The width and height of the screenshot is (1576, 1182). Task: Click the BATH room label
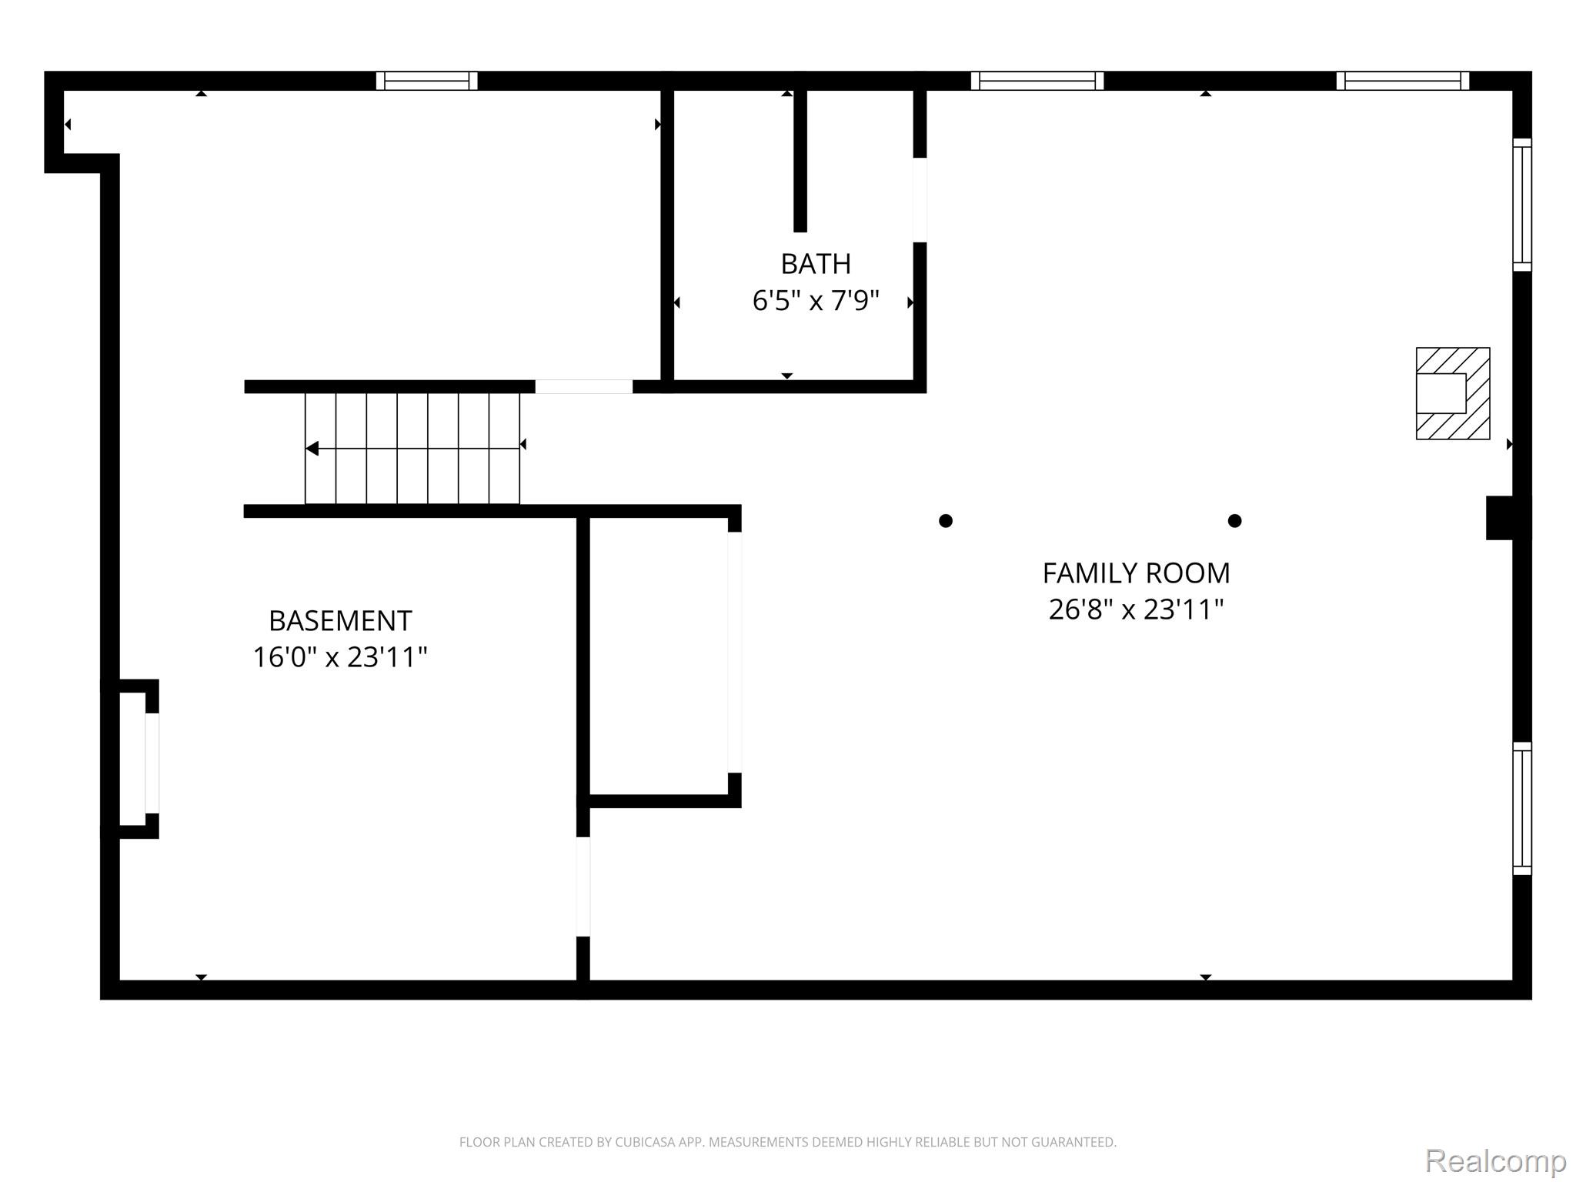click(x=816, y=264)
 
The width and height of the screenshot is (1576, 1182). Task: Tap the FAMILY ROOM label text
click(x=1136, y=573)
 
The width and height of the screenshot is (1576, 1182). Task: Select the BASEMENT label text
click(x=340, y=620)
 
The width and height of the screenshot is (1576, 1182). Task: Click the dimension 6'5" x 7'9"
click(x=816, y=300)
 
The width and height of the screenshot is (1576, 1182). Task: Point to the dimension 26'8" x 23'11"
click(x=1136, y=609)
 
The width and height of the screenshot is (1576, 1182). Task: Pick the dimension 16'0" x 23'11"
click(x=340, y=657)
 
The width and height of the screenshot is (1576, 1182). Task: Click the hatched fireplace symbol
click(x=1453, y=393)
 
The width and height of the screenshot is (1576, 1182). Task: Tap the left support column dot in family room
click(x=946, y=521)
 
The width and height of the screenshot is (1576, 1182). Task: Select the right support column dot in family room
click(x=1234, y=521)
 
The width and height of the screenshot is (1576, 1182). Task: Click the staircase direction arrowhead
click(x=312, y=448)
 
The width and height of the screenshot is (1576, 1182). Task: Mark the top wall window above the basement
click(x=426, y=81)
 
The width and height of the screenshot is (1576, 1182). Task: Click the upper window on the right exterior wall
click(x=1521, y=205)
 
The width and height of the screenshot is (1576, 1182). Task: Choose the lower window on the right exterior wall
click(x=1521, y=808)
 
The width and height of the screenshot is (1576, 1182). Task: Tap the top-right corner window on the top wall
click(x=1402, y=81)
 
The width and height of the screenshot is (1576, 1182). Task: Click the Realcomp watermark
click(x=1495, y=1160)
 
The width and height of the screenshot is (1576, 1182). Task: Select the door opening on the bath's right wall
click(x=920, y=200)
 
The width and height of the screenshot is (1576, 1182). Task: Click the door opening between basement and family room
click(x=583, y=886)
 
